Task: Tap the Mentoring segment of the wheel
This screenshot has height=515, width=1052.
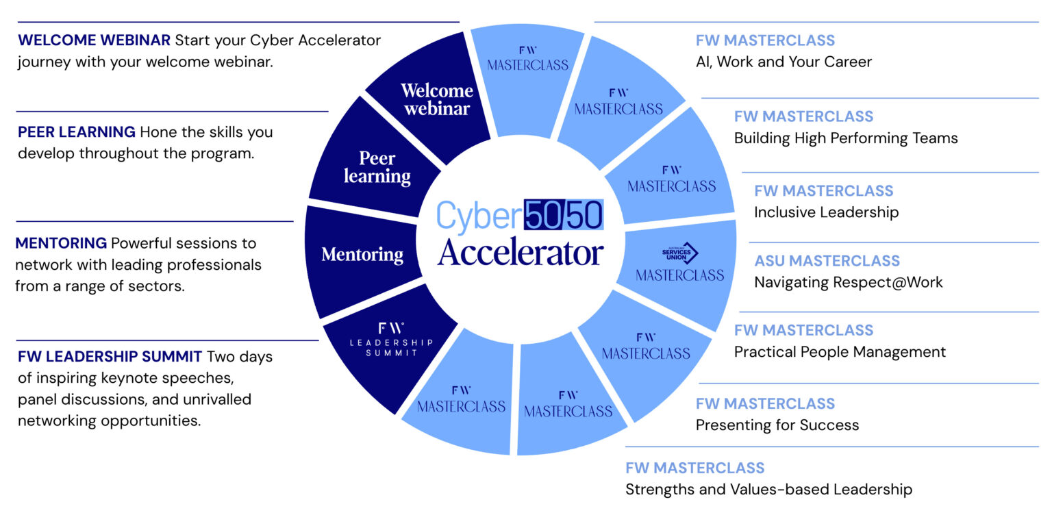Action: [x=362, y=255]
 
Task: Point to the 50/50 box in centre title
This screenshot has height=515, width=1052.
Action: [x=563, y=215]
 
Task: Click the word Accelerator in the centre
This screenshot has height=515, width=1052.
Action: [x=521, y=252]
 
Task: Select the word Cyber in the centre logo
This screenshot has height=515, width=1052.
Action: [x=479, y=215]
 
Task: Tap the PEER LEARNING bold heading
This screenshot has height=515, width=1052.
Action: [x=77, y=131]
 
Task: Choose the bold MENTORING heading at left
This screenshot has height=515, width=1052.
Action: [x=61, y=243]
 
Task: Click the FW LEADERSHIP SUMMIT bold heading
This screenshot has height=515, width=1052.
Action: [x=110, y=356]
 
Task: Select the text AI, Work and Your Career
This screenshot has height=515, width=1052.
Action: [x=784, y=62]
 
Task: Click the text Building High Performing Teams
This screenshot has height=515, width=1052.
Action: [x=846, y=138]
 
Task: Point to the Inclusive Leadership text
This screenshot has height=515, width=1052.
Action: [x=826, y=212]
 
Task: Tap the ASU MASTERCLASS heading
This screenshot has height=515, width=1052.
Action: [x=827, y=261]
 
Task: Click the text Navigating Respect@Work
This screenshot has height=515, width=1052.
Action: [x=848, y=282]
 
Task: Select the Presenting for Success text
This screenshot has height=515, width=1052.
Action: [x=777, y=425]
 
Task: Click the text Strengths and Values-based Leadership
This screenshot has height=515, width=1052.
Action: [x=768, y=490]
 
